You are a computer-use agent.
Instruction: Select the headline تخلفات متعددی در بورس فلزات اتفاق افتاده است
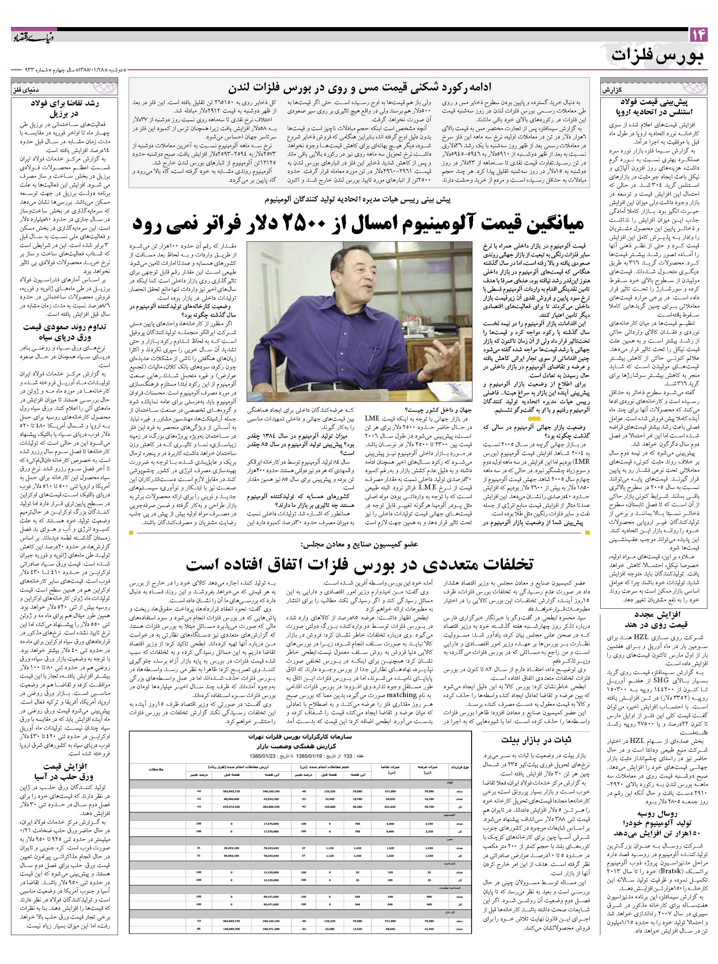click(x=360, y=564)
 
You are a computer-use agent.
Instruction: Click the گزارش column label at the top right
click(x=611, y=90)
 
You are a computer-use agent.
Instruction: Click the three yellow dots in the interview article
click(x=535, y=418)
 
